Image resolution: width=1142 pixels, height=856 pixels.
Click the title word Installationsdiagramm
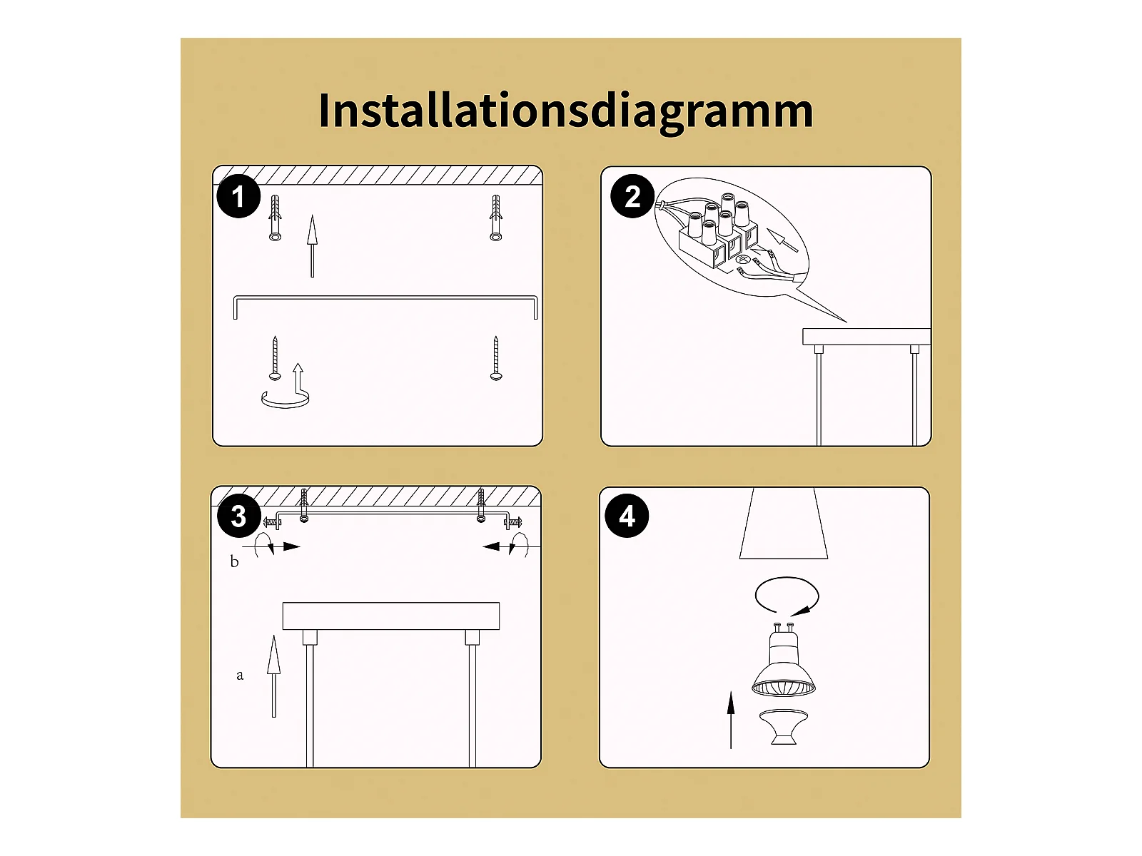[x=565, y=112]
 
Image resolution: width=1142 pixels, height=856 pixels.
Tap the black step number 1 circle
[x=238, y=196]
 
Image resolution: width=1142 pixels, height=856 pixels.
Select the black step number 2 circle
[x=632, y=196]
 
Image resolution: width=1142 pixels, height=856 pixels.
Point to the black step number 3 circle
[x=239, y=516]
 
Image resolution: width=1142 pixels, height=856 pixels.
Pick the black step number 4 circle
[x=627, y=516]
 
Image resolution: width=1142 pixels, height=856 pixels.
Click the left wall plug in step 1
[x=276, y=218]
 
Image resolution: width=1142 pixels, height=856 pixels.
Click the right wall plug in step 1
[x=496, y=218]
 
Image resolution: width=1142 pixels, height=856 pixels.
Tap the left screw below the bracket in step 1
[x=275, y=358]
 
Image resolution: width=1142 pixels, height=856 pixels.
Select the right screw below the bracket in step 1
[x=496, y=358]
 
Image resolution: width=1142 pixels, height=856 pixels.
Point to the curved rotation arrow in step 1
[x=285, y=405]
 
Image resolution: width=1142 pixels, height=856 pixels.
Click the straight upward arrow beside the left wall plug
[x=312, y=246]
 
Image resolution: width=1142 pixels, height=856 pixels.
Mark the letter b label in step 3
[x=235, y=562]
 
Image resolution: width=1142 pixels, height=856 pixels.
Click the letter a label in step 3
[x=239, y=676]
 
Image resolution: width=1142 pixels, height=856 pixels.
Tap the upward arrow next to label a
[x=273, y=676]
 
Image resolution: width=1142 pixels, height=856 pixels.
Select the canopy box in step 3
[x=390, y=616]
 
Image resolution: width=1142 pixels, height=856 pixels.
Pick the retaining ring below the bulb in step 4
[x=784, y=727]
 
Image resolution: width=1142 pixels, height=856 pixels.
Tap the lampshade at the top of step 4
[x=784, y=524]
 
